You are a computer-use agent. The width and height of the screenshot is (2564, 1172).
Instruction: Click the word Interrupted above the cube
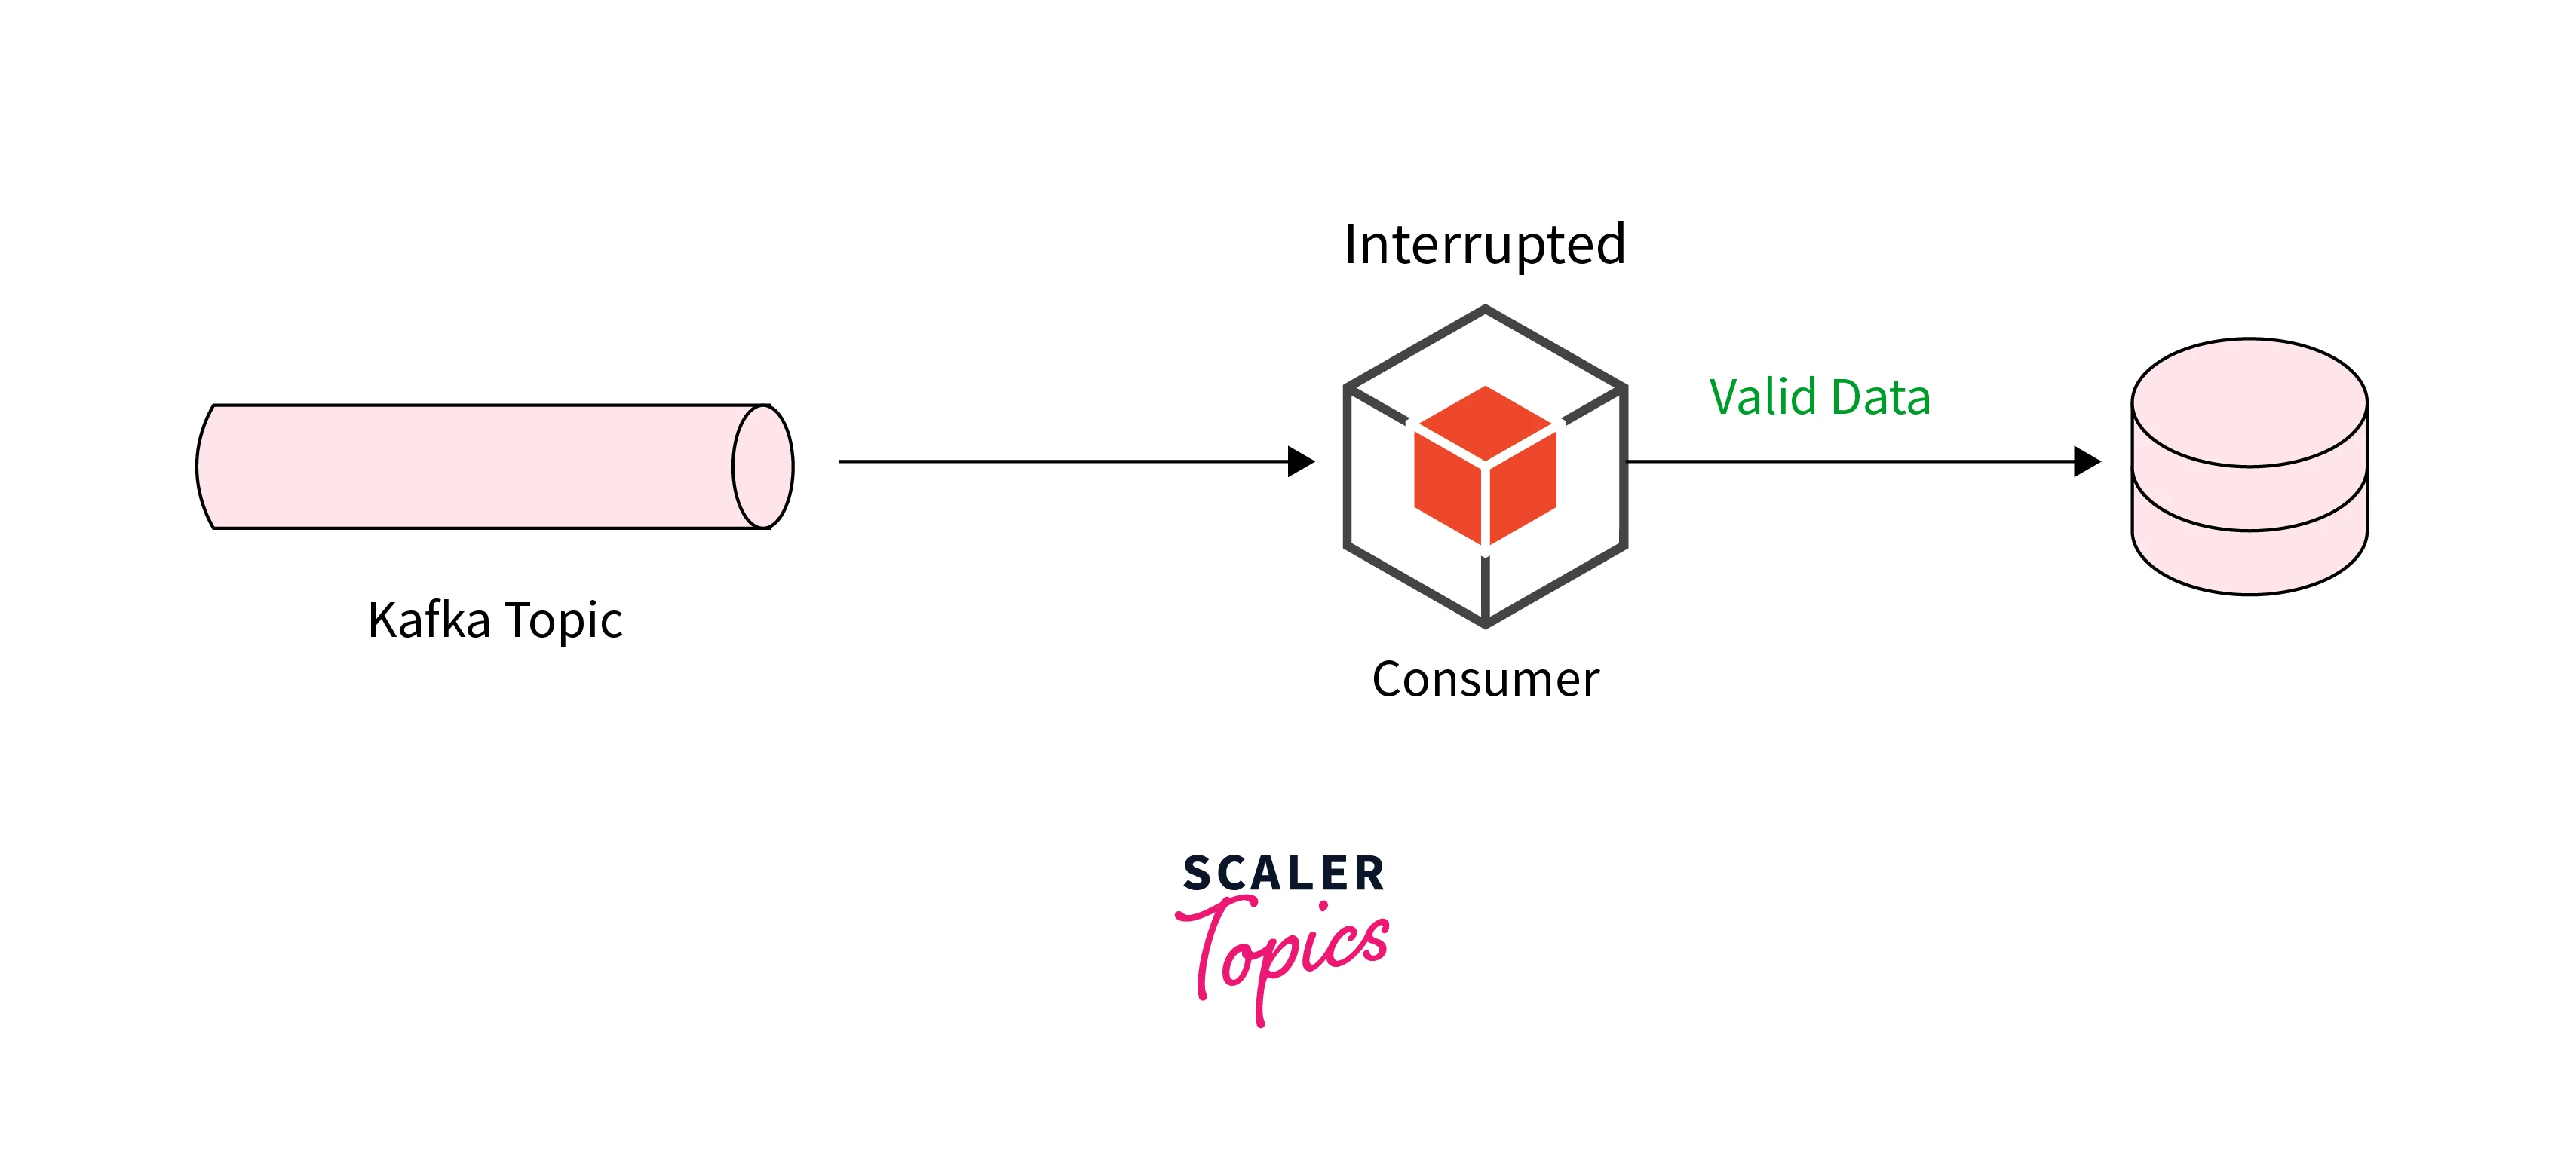tap(1484, 245)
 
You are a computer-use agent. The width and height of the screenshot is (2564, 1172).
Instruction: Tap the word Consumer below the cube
tap(1485, 680)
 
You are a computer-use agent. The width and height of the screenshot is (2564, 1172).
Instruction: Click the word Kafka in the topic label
tap(429, 621)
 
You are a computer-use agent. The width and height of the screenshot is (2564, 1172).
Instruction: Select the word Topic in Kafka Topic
tap(563, 622)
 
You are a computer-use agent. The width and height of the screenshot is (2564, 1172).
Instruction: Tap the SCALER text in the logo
tap(1283, 874)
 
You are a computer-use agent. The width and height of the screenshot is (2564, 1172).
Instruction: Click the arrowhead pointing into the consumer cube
tap(1301, 461)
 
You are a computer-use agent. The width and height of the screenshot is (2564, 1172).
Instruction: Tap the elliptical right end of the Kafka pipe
tap(763, 467)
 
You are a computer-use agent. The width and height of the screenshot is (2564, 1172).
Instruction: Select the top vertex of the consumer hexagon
tap(1485, 308)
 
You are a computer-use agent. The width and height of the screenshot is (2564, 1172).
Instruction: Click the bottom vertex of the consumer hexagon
tap(1485, 625)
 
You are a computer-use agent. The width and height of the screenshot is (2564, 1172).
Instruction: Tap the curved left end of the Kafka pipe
tap(203, 467)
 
